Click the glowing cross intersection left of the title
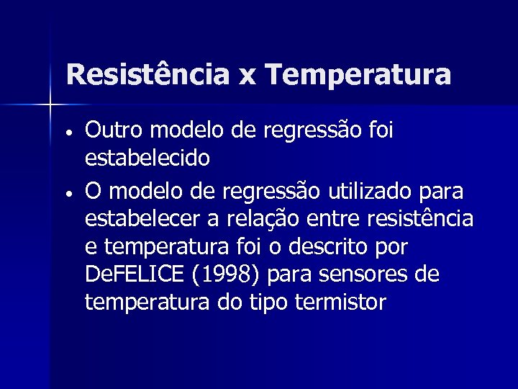(x=50, y=106)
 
